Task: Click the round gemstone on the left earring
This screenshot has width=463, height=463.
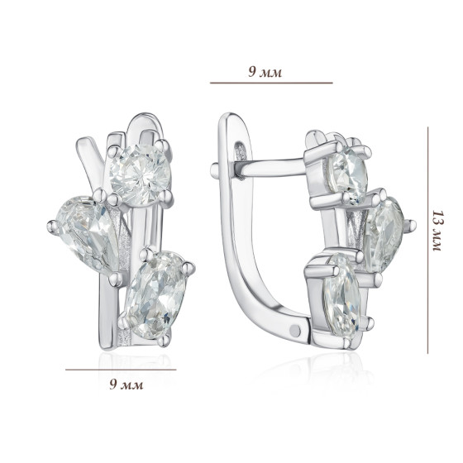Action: tap(141, 174)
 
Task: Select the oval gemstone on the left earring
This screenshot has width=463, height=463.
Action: tap(155, 294)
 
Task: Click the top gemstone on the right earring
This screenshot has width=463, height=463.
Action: tap(348, 174)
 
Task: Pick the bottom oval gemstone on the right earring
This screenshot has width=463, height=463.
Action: tap(342, 294)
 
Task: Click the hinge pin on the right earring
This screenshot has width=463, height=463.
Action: tap(296, 330)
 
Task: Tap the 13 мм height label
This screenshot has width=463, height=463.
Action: tap(437, 231)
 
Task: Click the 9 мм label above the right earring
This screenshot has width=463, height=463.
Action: tap(265, 72)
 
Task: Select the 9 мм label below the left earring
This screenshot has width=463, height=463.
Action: tap(126, 384)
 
